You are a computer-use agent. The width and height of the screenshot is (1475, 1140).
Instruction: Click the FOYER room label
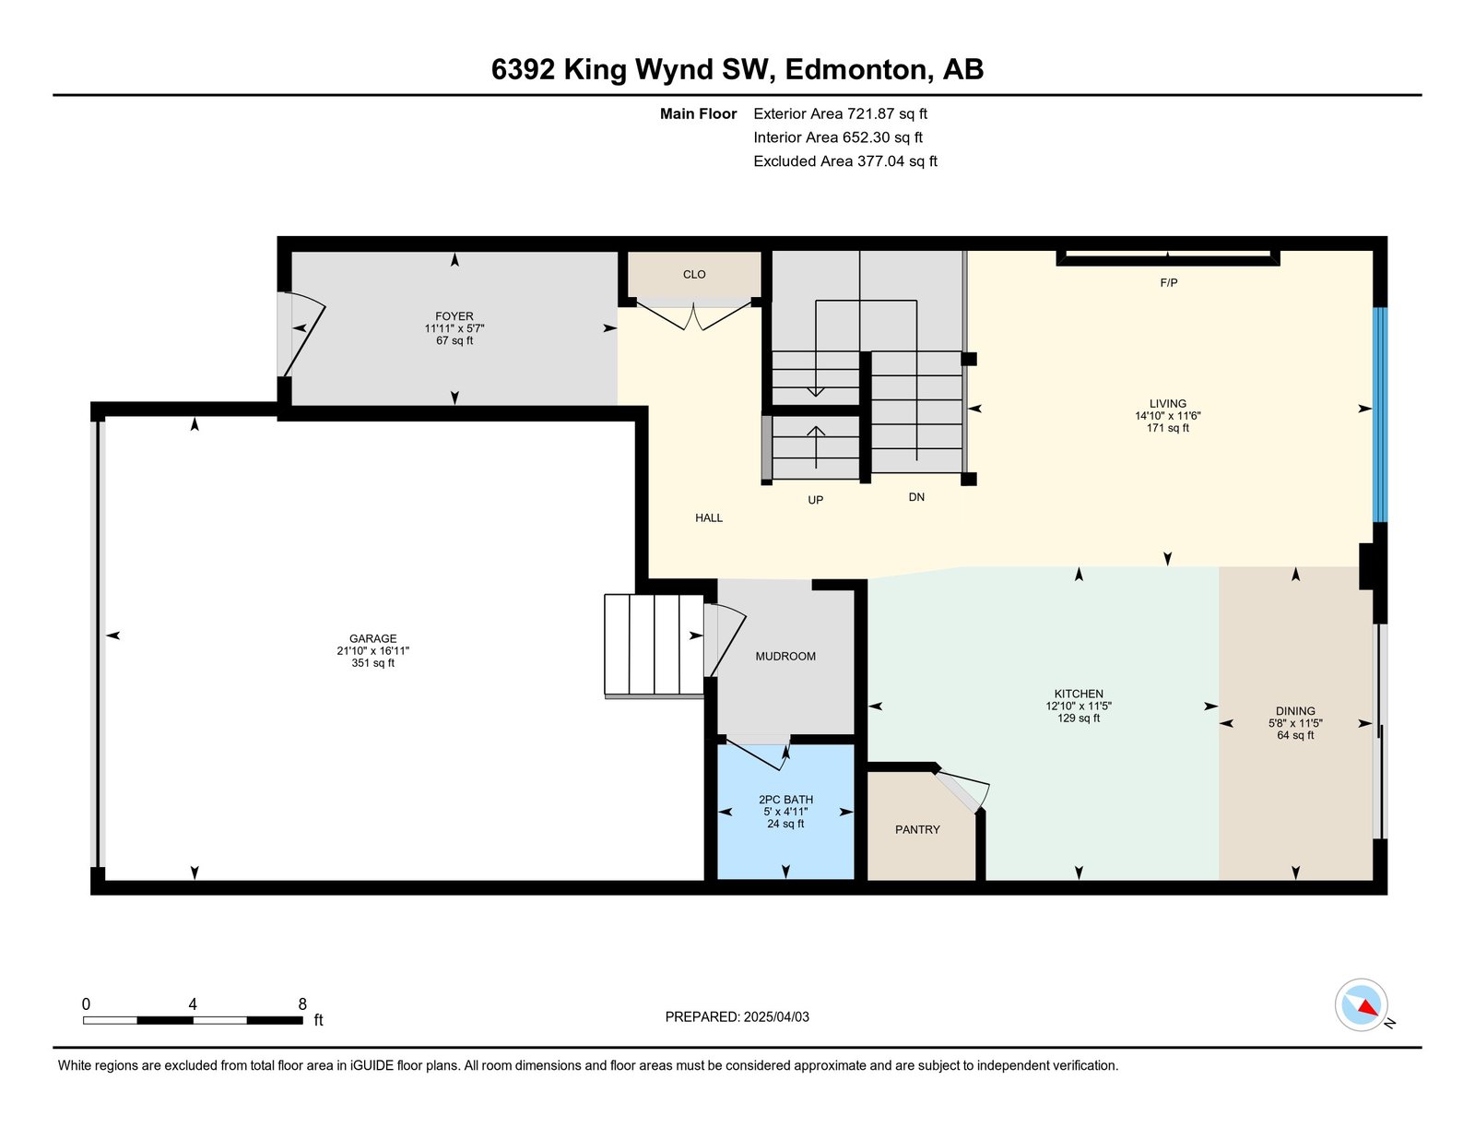tap(454, 315)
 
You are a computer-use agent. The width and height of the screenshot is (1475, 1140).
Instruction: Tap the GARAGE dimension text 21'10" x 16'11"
tap(372, 650)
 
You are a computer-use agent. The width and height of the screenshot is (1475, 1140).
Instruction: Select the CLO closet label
tap(694, 274)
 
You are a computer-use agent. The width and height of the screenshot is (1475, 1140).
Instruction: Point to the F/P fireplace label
tap(1168, 282)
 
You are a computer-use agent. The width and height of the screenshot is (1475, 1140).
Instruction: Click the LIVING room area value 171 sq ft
tap(1167, 428)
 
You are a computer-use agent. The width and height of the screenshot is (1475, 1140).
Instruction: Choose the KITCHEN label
tap(1079, 694)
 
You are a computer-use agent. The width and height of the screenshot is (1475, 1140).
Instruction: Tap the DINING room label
tap(1295, 711)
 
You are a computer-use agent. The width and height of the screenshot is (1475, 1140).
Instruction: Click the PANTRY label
tap(917, 829)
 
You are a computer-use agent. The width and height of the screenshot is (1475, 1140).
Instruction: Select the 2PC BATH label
tap(785, 799)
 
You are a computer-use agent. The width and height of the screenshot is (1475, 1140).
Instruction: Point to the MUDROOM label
tap(785, 656)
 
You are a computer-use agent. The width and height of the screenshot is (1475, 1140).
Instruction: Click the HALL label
tap(709, 517)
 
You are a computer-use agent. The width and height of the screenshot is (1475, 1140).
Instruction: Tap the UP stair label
tap(815, 500)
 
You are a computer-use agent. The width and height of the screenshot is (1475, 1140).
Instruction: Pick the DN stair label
tap(916, 497)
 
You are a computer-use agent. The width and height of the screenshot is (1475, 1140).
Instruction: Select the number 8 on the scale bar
tap(302, 1004)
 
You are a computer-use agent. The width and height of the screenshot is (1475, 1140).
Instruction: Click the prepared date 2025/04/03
tap(776, 1016)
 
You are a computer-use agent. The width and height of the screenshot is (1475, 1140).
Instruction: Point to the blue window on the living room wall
tap(1379, 415)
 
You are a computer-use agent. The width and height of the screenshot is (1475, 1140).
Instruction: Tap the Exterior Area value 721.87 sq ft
tap(887, 113)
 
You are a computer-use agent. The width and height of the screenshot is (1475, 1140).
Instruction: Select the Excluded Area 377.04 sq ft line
tap(845, 160)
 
